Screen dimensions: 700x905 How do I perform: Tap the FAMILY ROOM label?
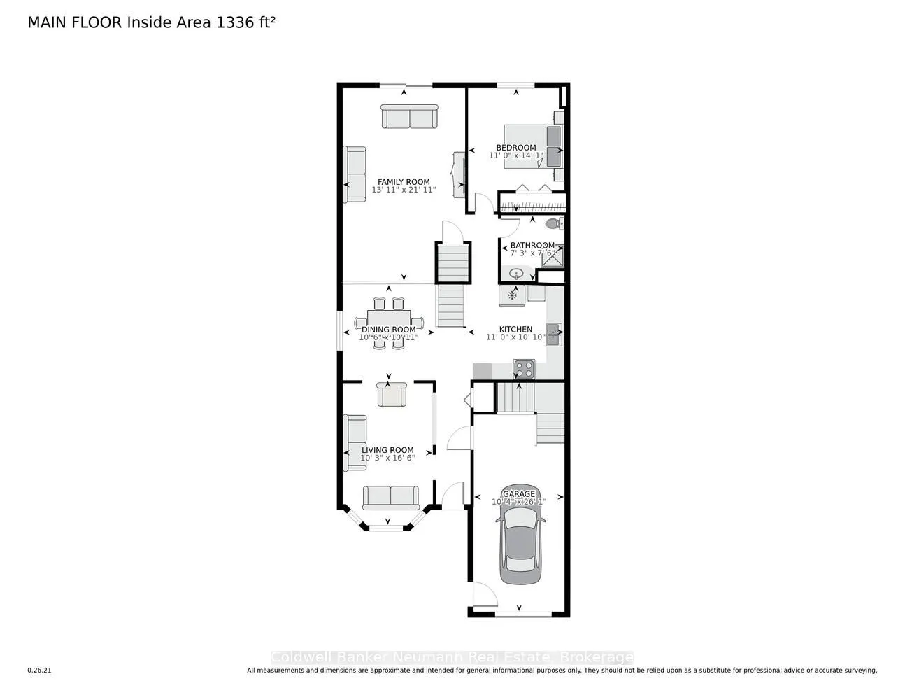click(404, 182)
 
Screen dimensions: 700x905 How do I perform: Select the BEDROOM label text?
click(515, 148)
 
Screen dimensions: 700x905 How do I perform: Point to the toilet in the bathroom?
click(553, 224)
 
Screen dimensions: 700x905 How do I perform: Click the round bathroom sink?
click(517, 273)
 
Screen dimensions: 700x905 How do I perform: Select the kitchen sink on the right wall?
click(554, 335)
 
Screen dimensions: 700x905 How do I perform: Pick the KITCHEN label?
click(515, 329)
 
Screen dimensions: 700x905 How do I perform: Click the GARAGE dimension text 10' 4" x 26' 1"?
click(518, 502)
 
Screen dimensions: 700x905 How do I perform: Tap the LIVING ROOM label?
click(387, 450)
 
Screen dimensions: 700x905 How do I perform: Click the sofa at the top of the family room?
click(409, 116)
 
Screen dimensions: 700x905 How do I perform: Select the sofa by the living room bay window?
click(390, 497)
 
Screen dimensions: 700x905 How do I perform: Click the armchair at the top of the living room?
click(390, 394)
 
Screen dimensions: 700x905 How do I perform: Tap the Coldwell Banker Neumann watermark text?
click(452, 657)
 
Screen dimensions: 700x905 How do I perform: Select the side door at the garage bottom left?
click(482, 595)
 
